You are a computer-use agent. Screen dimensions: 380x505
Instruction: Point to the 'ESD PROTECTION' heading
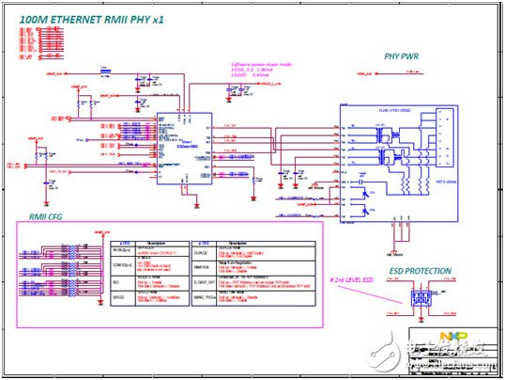click(421, 271)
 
